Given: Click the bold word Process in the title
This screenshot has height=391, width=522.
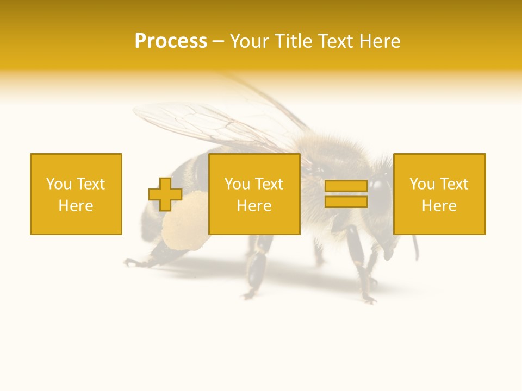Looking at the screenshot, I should click(171, 41).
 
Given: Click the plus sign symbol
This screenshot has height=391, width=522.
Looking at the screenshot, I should click(165, 194).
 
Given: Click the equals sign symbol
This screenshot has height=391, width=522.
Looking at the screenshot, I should click(346, 194).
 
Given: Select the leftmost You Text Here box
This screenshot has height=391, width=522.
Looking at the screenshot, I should click(76, 194).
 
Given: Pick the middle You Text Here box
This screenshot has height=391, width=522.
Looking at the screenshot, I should click(254, 194).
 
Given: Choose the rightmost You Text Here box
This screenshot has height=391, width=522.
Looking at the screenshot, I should click(439, 194).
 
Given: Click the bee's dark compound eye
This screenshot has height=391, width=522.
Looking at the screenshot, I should click(382, 187).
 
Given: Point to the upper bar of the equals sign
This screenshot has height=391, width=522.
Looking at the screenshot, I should click(346, 186).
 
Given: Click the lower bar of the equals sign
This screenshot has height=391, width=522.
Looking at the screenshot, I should click(346, 202).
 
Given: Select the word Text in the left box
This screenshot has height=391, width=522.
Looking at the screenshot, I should click(90, 184).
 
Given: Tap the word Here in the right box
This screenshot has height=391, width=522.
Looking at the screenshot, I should click(439, 206).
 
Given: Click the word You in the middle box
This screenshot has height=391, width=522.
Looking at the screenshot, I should click(237, 184).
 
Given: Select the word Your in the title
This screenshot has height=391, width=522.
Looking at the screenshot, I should click(251, 41).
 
